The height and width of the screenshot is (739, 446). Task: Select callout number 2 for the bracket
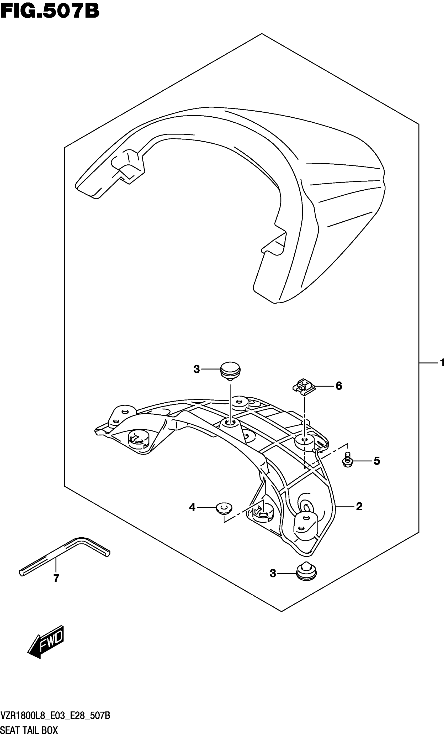[359, 507]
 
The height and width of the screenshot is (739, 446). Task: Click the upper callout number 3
[197, 369]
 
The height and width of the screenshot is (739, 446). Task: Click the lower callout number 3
[273, 574]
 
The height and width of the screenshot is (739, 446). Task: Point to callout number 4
[192, 507]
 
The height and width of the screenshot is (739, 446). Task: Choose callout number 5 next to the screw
[376, 461]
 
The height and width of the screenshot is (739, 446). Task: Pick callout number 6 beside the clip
[339, 386]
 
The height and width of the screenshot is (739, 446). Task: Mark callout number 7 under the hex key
[56, 578]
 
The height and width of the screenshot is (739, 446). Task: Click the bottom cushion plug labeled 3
[306, 571]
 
